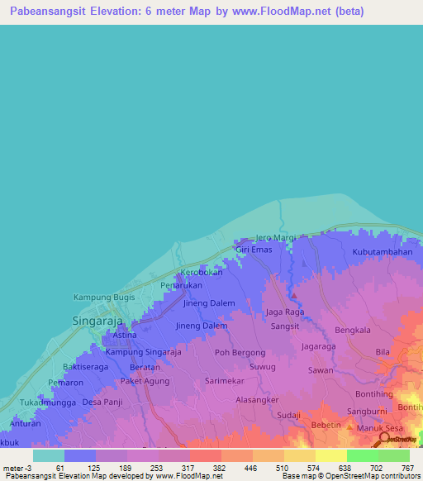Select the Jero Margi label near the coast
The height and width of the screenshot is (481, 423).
[x=275, y=238]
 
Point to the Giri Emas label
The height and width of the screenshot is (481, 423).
[x=254, y=250]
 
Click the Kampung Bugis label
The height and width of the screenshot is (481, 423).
[x=104, y=297]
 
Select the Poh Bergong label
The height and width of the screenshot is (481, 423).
[x=240, y=352]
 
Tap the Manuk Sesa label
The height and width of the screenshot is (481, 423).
[x=379, y=428]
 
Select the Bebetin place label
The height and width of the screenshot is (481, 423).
[x=326, y=425]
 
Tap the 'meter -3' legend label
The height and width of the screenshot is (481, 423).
[x=18, y=468]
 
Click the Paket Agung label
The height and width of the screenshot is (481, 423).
[x=145, y=381]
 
